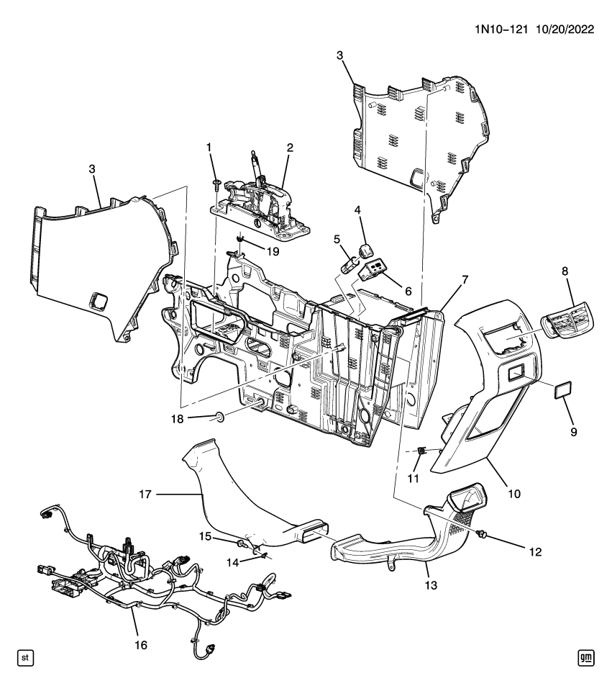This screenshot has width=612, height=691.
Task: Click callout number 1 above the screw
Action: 209,148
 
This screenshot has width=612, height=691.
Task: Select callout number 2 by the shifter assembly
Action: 290,148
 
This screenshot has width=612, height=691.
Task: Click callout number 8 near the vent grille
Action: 564,271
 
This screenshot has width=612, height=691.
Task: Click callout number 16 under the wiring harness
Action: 141,645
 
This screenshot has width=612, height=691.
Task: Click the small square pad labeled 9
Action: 562,391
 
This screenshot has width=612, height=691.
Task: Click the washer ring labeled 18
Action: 218,416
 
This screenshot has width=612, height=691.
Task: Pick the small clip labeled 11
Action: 421,451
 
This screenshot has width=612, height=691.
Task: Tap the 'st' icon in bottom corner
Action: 25,657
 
